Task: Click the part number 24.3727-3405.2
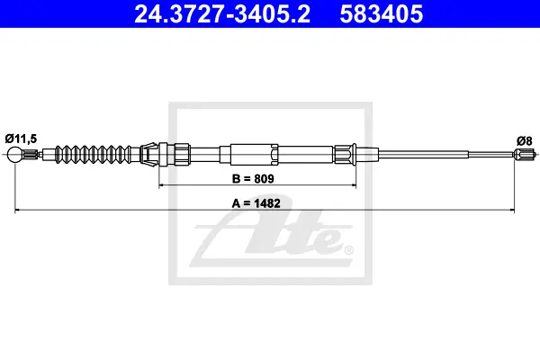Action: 222,14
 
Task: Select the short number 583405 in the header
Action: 382,14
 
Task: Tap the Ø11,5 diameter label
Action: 21,139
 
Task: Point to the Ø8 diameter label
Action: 524,141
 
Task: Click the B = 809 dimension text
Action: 253,179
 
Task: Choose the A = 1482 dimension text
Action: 256,203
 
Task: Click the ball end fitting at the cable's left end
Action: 14,155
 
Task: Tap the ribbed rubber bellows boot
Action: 94,155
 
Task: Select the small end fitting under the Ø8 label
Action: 525,155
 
